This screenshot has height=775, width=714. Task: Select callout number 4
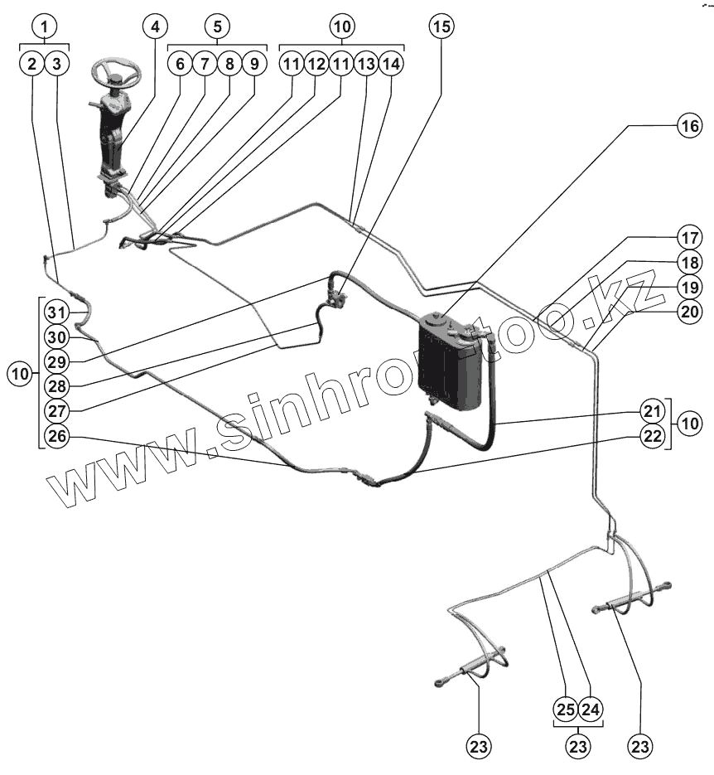pyautogui.click(x=153, y=27)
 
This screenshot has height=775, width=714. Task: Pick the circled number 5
pyautogui.click(x=216, y=27)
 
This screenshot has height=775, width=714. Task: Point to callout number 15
pyautogui.click(x=441, y=27)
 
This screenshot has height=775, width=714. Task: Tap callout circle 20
pyautogui.click(x=688, y=312)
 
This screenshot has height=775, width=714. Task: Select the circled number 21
pyautogui.click(x=654, y=411)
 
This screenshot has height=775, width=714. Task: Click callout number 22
pyautogui.click(x=654, y=437)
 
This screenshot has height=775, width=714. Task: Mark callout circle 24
pyautogui.click(x=591, y=710)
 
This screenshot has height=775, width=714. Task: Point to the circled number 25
pyautogui.click(x=566, y=710)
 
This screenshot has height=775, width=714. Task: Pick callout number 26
pyautogui.click(x=56, y=436)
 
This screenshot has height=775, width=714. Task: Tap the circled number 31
pyautogui.click(x=56, y=313)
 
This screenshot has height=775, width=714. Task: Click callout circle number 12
pyautogui.click(x=316, y=63)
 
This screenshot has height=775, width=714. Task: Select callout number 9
pyautogui.click(x=253, y=63)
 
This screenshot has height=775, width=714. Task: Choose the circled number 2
pyautogui.click(x=32, y=63)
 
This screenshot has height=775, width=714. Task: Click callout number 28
pyautogui.click(x=56, y=386)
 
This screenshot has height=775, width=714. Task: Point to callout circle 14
pyautogui.click(x=392, y=63)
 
